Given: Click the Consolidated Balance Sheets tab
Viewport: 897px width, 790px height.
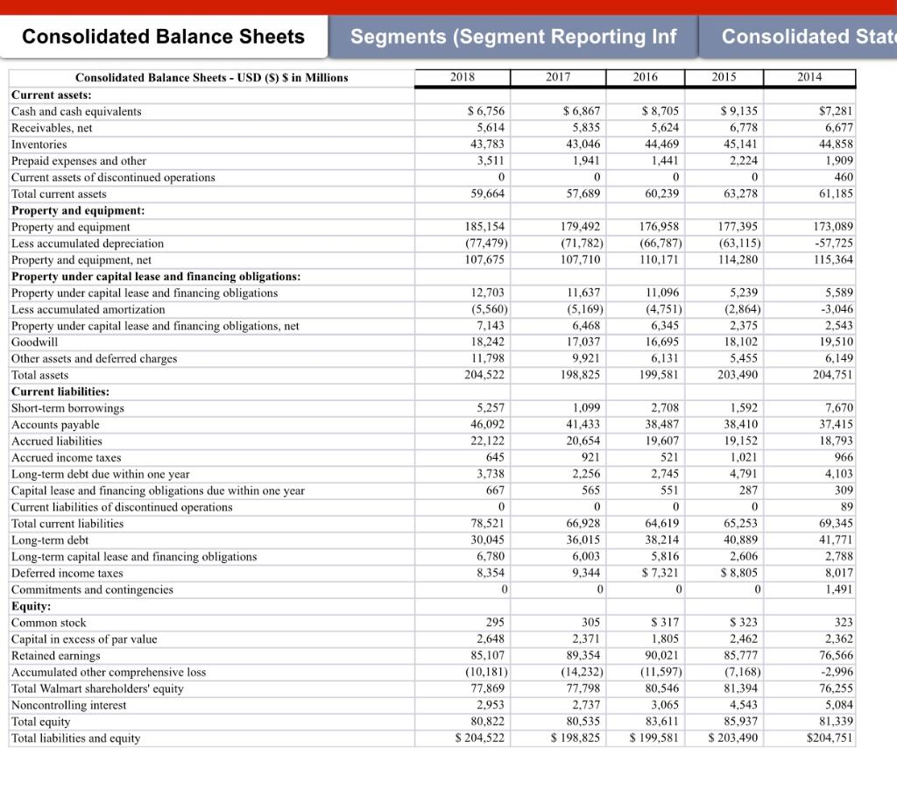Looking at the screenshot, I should [164, 37].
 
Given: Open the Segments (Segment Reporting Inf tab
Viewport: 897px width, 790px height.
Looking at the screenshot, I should [513, 37].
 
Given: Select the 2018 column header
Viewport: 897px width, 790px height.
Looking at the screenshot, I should [463, 77].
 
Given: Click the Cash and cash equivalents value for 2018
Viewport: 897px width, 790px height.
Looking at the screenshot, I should [487, 111].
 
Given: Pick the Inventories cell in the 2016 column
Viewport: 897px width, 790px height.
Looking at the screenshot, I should [661, 145].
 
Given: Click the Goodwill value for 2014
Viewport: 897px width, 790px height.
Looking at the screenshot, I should [835, 342].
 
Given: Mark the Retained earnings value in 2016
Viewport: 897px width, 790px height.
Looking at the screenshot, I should [661, 656].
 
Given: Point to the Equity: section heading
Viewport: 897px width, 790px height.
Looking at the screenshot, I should [32, 606].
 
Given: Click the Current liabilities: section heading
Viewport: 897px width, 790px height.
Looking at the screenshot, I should [60, 391].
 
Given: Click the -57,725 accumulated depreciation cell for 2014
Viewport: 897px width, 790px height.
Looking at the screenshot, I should [835, 243].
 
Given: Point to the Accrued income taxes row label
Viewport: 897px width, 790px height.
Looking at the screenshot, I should [67, 458].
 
